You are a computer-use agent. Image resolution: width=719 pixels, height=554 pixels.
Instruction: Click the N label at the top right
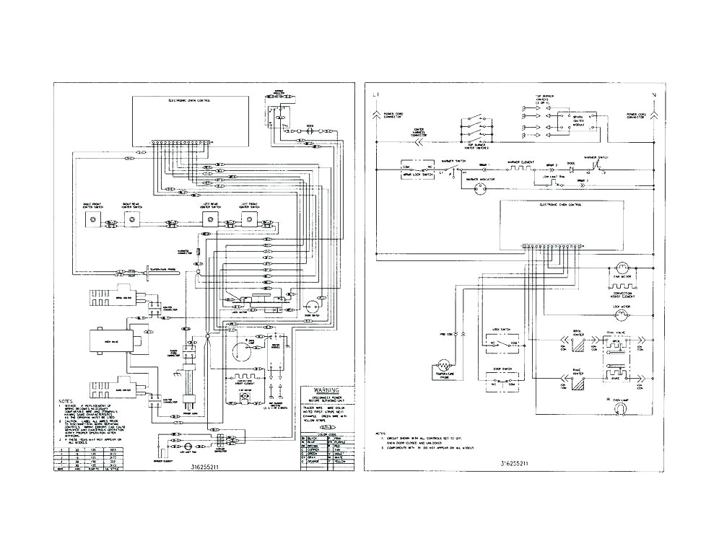(x=653, y=95)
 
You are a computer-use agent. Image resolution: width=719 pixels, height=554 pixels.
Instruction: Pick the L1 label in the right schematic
(x=375, y=95)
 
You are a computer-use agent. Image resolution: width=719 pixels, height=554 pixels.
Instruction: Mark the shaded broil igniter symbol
(x=577, y=345)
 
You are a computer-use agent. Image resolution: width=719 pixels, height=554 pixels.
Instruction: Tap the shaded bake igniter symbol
(x=577, y=381)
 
